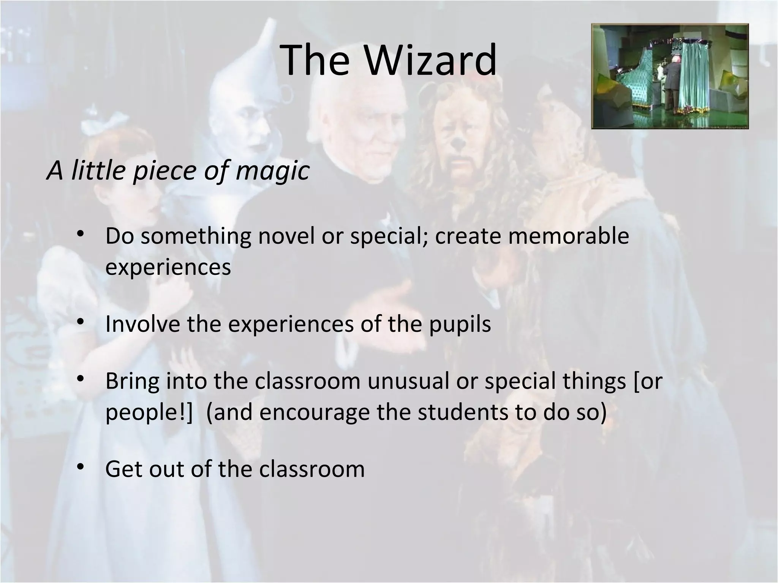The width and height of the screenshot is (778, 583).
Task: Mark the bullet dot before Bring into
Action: click(x=80, y=380)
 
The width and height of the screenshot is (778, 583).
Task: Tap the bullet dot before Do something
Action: click(x=80, y=234)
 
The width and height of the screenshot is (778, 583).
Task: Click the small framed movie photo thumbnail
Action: click(x=670, y=76)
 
